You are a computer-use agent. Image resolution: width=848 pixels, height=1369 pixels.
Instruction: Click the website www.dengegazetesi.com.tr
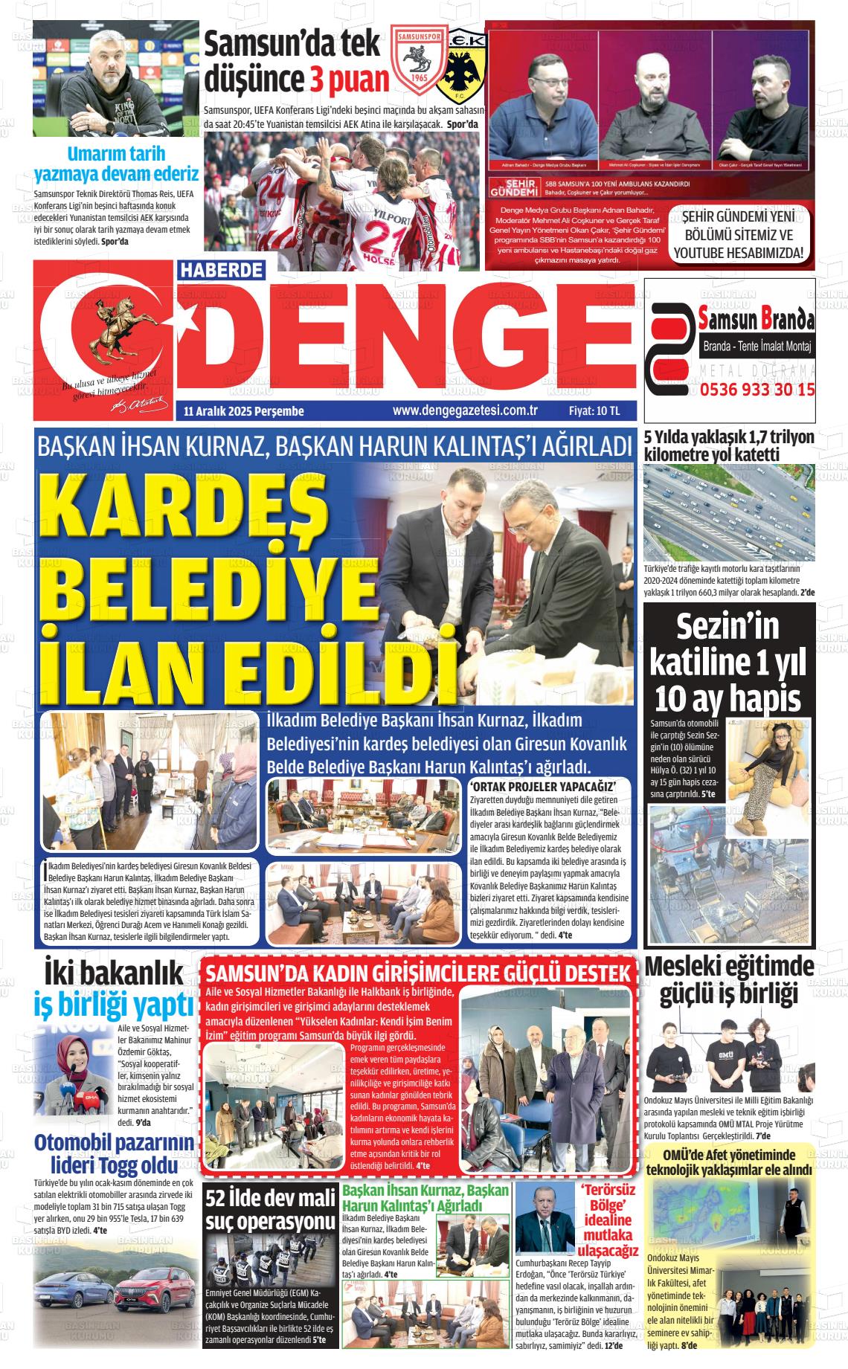click(465, 410)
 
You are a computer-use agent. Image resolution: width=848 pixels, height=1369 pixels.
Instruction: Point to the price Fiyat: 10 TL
click(594, 410)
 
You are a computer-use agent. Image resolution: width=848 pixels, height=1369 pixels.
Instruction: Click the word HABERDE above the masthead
click(222, 269)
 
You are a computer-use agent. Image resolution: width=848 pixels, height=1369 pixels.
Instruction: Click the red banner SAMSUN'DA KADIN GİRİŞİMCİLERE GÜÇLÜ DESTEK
click(420, 974)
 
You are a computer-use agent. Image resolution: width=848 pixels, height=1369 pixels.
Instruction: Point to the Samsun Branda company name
click(757, 320)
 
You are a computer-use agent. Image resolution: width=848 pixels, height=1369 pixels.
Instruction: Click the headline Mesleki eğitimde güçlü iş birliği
click(729, 979)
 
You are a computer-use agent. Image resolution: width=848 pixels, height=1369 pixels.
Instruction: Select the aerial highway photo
click(729, 513)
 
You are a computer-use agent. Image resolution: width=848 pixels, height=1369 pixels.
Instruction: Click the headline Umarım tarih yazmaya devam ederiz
click(116, 164)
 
